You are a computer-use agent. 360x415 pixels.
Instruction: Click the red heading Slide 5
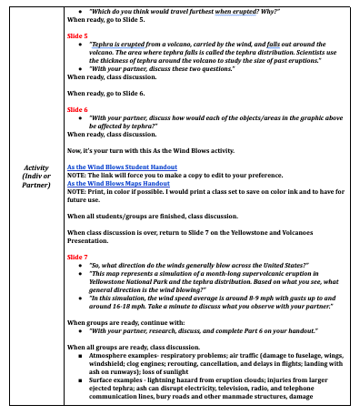(x=79, y=35)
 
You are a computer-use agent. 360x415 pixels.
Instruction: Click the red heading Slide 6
(x=79, y=108)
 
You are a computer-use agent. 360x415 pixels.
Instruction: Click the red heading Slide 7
(x=79, y=258)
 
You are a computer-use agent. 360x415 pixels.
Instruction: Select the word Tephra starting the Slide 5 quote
(x=104, y=44)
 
